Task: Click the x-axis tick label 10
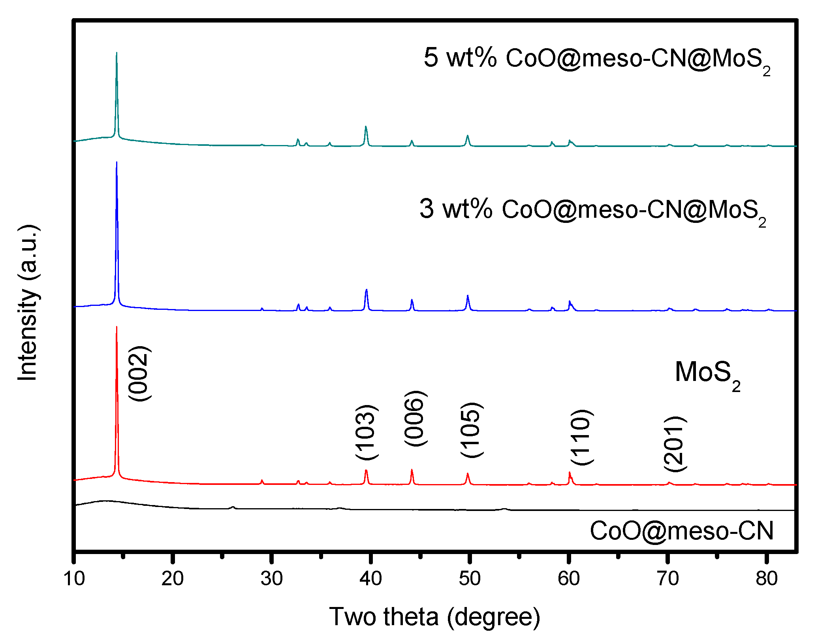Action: click(x=74, y=579)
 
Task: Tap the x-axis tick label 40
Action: click(x=370, y=579)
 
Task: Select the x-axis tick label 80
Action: click(x=767, y=579)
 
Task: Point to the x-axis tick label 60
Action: click(x=569, y=579)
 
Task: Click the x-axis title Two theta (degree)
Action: click(x=434, y=616)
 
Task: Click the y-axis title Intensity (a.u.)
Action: click(x=28, y=303)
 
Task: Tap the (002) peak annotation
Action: click(x=139, y=374)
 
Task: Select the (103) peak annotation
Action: click(x=367, y=432)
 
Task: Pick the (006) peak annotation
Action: click(x=415, y=418)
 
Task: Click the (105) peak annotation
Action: click(x=471, y=430)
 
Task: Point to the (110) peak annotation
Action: click(x=582, y=437)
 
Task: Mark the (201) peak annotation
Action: click(x=675, y=444)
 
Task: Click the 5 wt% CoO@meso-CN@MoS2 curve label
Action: click(x=596, y=59)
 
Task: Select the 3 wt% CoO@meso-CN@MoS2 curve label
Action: click(x=592, y=211)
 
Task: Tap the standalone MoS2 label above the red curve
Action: click(x=707, y=374)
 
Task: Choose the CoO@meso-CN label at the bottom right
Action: click(x=681, y=531)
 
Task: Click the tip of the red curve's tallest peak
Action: click(x=117, y=327)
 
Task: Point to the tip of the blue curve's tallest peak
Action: click(x=117, y=162)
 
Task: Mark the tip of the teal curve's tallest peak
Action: click(x=117, y=53)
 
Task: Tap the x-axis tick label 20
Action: click(x=173, y=579)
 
